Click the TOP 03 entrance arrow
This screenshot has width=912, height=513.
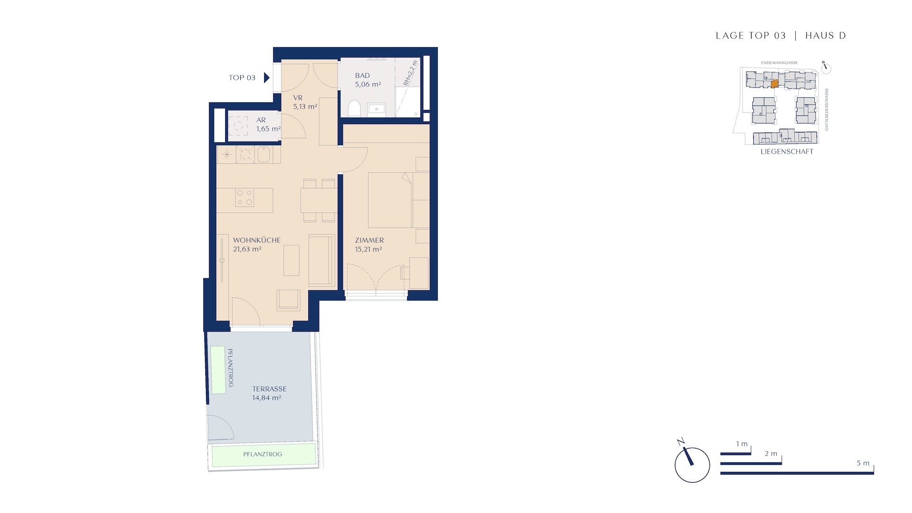(x=267, y=77)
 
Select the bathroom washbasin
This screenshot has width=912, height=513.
(x=377, y=109)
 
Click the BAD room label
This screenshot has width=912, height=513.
(x=362, y=76)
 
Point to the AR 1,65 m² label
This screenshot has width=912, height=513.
(x=268, y=124)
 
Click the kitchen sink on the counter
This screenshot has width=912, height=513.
(x=264, y=154)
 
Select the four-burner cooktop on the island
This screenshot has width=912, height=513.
(x=245, y=198)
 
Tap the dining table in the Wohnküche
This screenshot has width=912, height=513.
(x=319, y=200)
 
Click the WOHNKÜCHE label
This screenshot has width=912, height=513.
(x=257, y=240)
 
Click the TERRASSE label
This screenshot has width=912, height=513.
(x=269, y=389)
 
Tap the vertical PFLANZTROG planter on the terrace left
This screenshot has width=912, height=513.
(x=218, y=370)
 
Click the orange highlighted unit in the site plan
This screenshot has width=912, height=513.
(x=774, y=84)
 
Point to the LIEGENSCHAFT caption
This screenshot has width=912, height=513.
(x=787, y=152)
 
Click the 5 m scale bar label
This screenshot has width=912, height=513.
(x=863, y=463)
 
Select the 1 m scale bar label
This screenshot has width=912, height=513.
(x=742, y=444)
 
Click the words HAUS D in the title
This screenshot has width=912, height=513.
(x=826, y=36)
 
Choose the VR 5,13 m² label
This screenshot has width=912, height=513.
(x=305, y=102)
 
